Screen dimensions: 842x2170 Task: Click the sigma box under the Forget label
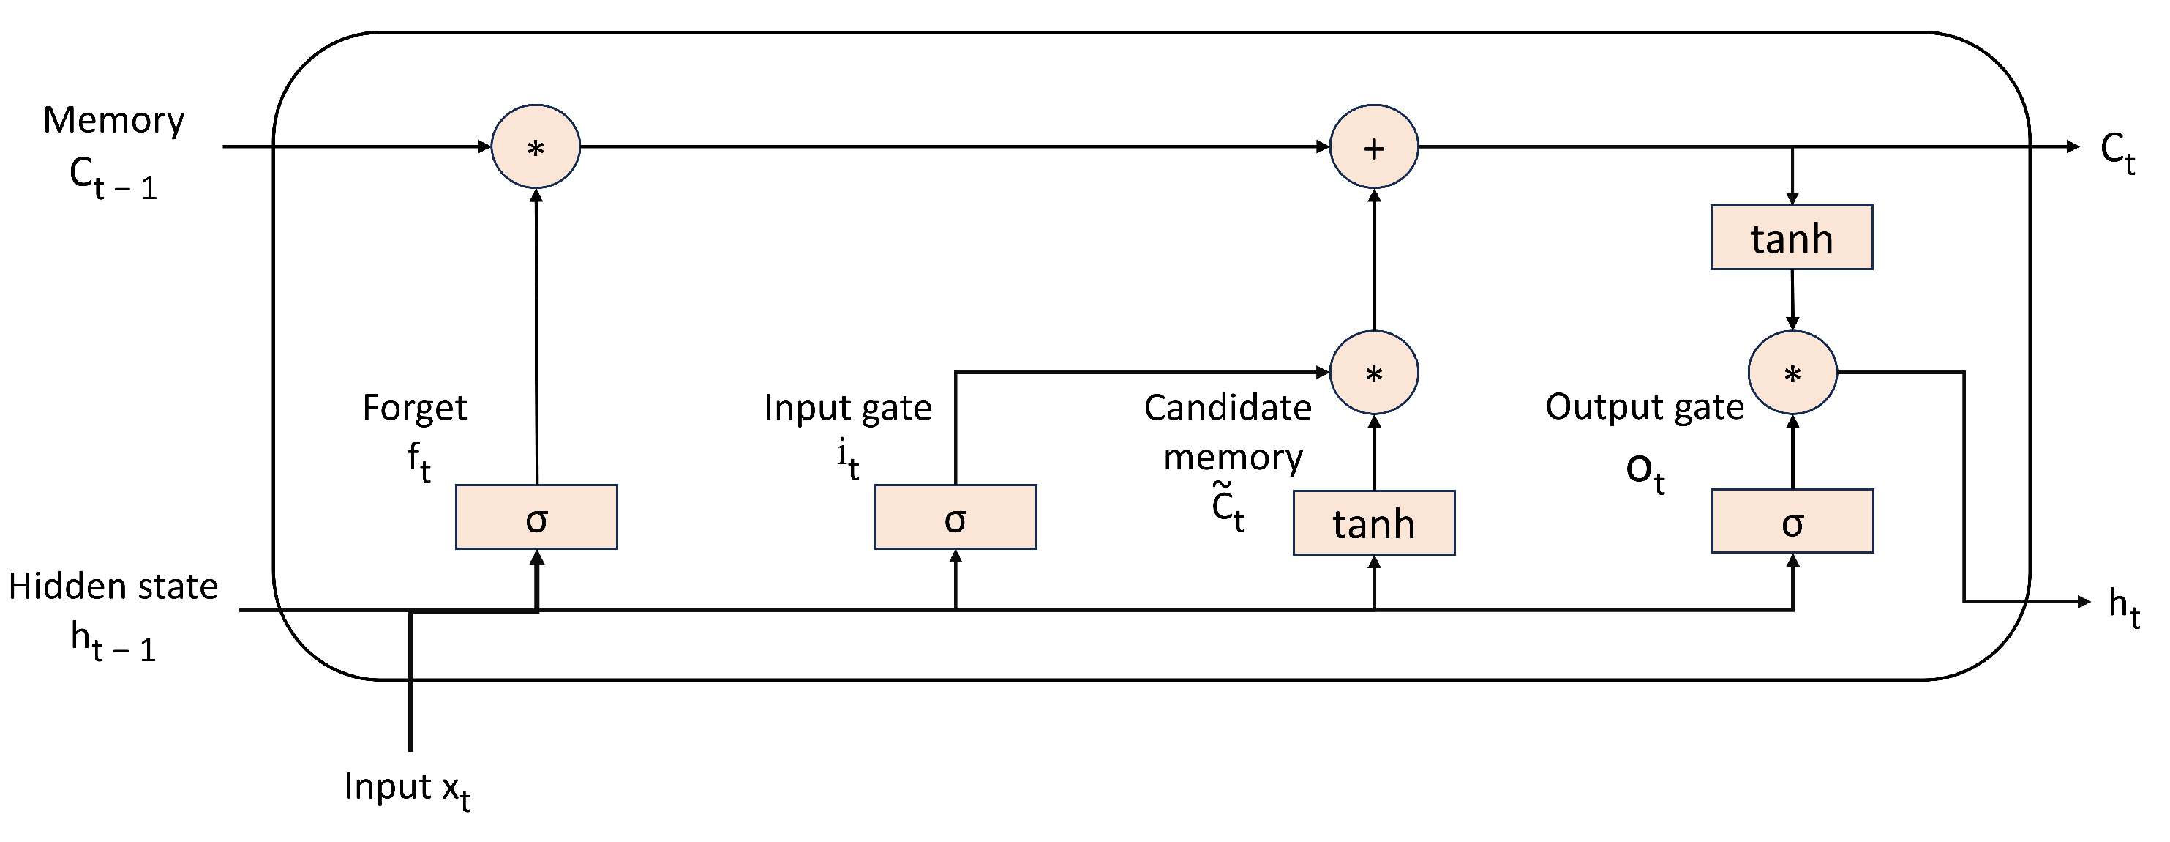pyautogui.click(x=536, y=518)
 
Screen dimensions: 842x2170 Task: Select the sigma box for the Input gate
pyautogui.click(x=956, y=518)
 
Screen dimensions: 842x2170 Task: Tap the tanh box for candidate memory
pyautogui.click(x=1374, y=524)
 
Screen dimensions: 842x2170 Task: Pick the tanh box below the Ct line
pyautogui.click(x=1792, y=238)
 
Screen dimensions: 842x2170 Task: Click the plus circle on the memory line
pyautogui.click(x=1374, y=146)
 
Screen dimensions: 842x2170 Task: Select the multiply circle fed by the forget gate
pyautogui.click(x=536, y=146)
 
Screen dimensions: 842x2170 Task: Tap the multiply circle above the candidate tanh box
pyautogui.click(x=1374, y=373)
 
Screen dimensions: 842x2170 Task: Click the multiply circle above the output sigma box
pyautogui.click(x=1792, y=373)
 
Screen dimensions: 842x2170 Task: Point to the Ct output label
pyautogui.click(x=2117, y=152)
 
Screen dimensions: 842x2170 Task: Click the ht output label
pyautogui.click(x=2123, y=607)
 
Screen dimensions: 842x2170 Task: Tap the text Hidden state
pyautogui.click(x=113, y=586)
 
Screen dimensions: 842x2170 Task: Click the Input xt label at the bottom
pyautogui.click(x=407, y=789)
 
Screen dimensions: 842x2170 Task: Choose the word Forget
pyautogui.click(x=414, y=408)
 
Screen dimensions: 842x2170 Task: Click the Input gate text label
pyautogui.click(x=847, y=408)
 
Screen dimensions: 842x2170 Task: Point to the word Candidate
pyautogui.click(x=1228, y=408)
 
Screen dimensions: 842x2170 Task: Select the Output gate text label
pyautogui.click(x=1645, y=407)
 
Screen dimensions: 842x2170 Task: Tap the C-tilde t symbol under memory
pyautogui.click(x=1228, y=508)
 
